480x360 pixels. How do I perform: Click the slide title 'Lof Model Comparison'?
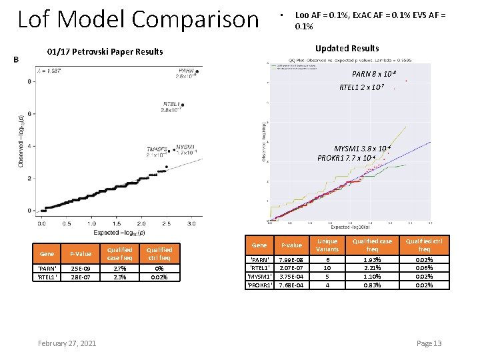[x=138, y=19]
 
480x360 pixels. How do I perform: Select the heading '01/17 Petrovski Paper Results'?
[x=105, y=52]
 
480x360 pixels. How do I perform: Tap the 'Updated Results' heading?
[x=347, y=48]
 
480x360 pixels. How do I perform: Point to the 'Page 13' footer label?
[x=429, y=343]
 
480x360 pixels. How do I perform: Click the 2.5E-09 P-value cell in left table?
[x=81, y=269]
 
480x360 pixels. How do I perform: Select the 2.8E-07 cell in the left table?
[x=81, y=277]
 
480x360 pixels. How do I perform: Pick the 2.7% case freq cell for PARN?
[x=121, y=269]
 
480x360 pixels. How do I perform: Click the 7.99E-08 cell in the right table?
[x=291, y=259]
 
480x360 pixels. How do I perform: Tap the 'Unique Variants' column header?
[x=327, y=245]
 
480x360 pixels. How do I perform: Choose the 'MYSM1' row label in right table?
[x=259, y=277]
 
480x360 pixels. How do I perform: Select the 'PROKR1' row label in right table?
[x=259, y=285]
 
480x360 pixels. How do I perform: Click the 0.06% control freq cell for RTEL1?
[x=424, y=268]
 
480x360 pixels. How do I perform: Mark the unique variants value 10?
[x=327, y=268]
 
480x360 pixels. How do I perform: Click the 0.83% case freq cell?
[x=373, y=285]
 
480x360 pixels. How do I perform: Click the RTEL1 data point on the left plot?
[x=182, y=105]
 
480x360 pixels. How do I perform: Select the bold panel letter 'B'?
[x=16, y=59]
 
